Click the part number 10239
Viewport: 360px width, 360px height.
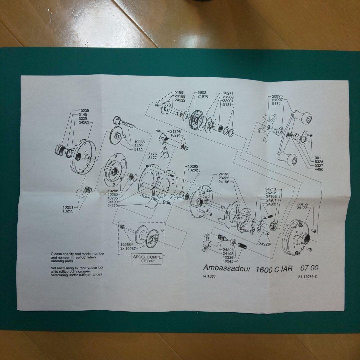[84, 110]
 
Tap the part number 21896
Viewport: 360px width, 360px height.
[175, 131]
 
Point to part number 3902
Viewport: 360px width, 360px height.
[202, 92]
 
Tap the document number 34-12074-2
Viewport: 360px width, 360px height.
[307, 277]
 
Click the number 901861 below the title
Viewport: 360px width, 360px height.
[209, 276]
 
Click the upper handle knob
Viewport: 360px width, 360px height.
[304, 118]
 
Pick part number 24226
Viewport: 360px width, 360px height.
[264, 244]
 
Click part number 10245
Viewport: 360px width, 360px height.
[228, 261]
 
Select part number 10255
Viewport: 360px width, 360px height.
[68, 211]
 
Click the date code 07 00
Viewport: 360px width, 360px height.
[309, 268]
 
